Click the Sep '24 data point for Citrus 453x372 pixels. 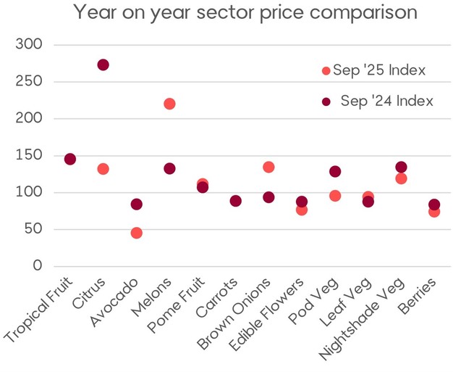pyautogui.click(x=103, y=65)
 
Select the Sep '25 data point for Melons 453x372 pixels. pyautogui.click(x=169, y=104)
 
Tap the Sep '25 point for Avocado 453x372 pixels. pyautogui.click(x=136, y=233)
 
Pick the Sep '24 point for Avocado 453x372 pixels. pyautogui.click(x=136, y=204)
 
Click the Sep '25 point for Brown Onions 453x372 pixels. pyautogui.click(x=268, y=168)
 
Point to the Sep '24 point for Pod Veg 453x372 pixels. pyautogui.click(x=335, y=171)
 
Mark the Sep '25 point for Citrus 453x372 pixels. pyautogui.click(x=103, y=169)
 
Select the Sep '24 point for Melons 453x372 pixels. pyautogui.click(x=169, y=168)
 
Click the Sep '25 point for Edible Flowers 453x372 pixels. pyautogui.click(x=302, y=210)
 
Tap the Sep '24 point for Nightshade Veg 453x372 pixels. pyautogui.click(x=401, y=168)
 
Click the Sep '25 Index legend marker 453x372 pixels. pyautogui.click(x=326, y=70)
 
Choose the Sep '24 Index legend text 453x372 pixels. pyautogui.click(x=386, y=101)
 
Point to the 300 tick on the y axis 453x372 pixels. pyautogui.click(x=28, y=45)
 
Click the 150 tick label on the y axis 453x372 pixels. pyautogui.click(x=28, y=155)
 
